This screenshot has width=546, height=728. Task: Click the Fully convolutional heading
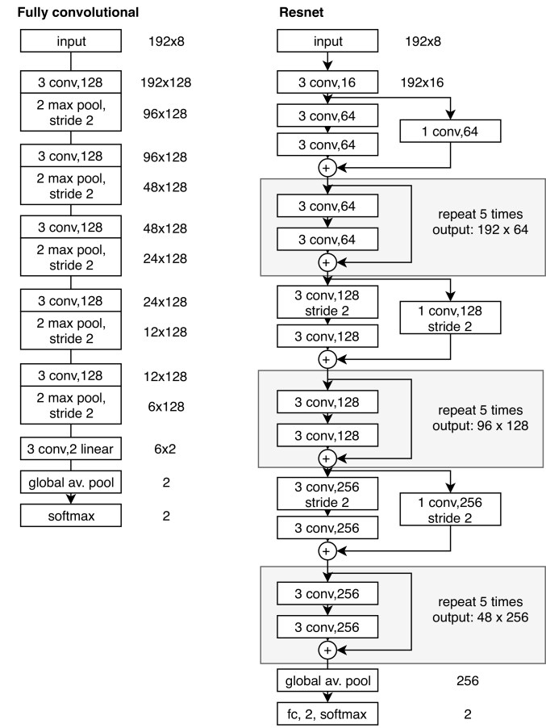pyautogui.click(x=78, y=12)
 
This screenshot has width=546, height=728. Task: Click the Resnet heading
pyautogui.click(x=301, y=12)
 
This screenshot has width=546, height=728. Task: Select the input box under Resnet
pyautogui.click(x=327, y=41)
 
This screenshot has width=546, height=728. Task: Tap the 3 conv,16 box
pyautogui.click(x=327, y=82)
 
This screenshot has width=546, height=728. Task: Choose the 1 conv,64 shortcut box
pyautogui.click(x=450, y=132)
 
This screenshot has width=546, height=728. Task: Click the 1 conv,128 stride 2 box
pyautogui.click(x=450, y=318)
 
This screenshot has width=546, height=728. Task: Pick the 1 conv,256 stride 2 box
pyautogui.click(x=450, y=509)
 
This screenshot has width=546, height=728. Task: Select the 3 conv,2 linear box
pyautogui.click(x=70, y=449)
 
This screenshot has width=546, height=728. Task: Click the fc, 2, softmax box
pyautogui.click(x=327, y=714)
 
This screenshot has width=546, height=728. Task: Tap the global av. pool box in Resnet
pyautogui.click(x=327, y=680)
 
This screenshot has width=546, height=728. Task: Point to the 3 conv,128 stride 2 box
pyautogui.click(x=327, y=302)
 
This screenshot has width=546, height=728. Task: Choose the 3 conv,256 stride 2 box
pyautogui.click(x=327, y=494)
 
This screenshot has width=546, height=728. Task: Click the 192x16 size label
pyautogui.click(x=422, y=82)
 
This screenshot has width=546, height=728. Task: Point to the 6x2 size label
pyautogui.click(x=165, y=449)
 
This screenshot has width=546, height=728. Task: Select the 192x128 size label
pyautogui.click(x=165, y=82)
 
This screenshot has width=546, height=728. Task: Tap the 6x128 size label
pyautogui.click(x=166, y=406)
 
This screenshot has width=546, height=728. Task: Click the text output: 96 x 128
pyautogui.click(x=480, y=425)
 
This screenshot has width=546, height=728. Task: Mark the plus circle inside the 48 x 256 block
pyautogui.click(x=327, y=650)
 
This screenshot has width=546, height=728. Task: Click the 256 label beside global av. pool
pyautogui.click(x=467, y=680)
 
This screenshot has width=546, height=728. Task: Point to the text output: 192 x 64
pyautogui.click(x=480, y=229)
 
